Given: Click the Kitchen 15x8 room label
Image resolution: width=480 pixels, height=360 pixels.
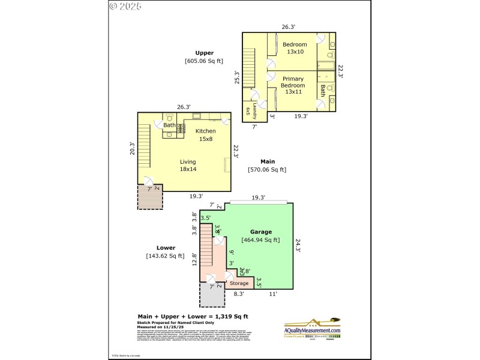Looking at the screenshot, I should point(205,135).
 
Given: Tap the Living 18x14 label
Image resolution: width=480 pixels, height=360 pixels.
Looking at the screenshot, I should point(188,165).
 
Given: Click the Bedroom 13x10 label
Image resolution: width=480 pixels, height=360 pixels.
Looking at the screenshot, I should point(295,48).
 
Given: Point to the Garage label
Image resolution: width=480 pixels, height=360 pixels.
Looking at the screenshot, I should point(261,232).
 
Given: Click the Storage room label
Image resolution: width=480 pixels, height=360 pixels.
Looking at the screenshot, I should point(239,283).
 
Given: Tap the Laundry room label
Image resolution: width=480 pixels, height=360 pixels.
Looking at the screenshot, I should point(254,110).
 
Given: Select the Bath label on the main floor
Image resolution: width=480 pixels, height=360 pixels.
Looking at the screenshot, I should point(170,125).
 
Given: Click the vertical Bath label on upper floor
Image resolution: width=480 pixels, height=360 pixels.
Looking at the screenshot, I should point(322,91).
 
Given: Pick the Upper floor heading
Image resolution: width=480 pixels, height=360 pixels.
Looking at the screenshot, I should point(204,53).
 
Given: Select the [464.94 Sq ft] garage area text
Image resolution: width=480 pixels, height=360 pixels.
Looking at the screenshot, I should point(260,240).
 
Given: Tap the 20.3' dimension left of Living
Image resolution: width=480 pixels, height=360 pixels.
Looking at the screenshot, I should point(132,148).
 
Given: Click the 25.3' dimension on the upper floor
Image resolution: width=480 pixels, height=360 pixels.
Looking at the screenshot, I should point(237,77).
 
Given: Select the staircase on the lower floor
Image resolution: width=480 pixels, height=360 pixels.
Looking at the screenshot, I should point(207,246).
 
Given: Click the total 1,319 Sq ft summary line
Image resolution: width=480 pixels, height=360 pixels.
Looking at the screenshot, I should point(193,316).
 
